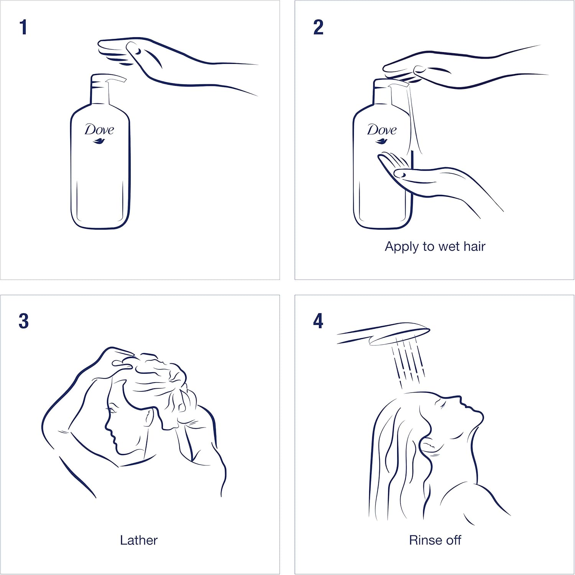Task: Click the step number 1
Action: click(x=23, y=28)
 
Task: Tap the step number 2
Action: click(x=318, y=28)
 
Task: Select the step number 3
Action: click(x=23, y=321)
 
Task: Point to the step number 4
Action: click(x=318, y=321)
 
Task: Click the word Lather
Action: click(x=138, y=540)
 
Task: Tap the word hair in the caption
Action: click(x=474, y=246)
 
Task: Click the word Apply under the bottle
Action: click(x=402, y=246)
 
